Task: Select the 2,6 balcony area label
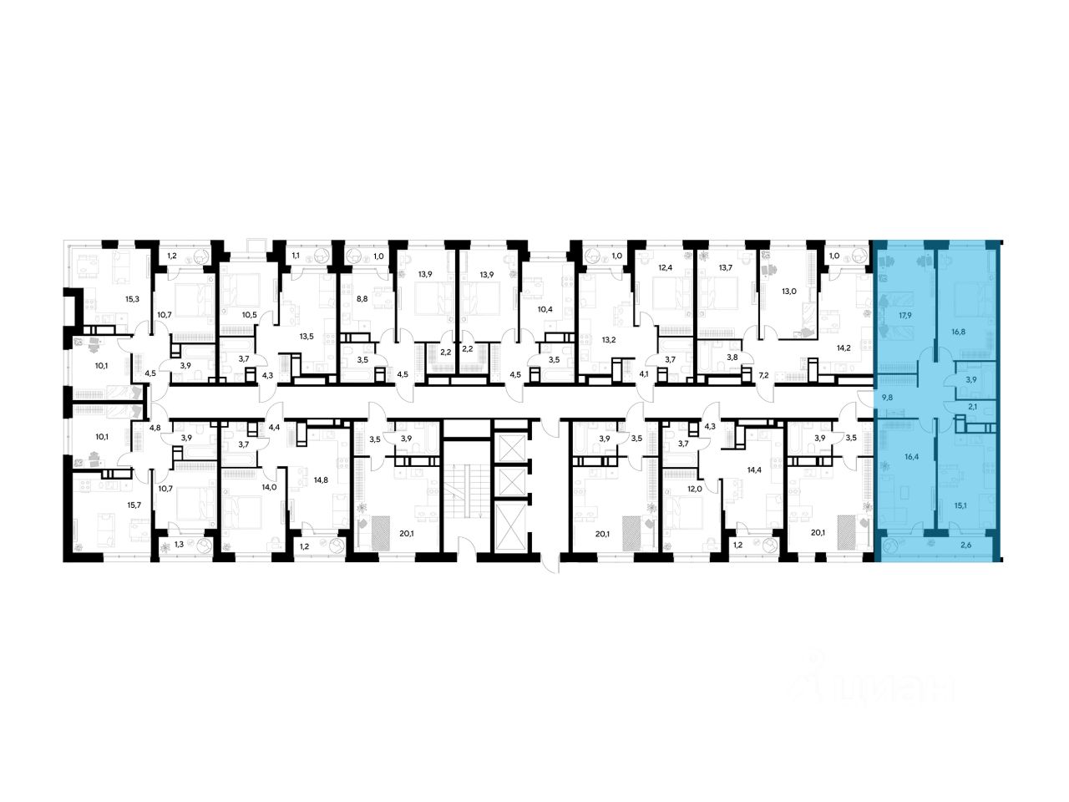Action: (965, 546)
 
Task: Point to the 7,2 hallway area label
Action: (763, 376)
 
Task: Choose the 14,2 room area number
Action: (839, 348)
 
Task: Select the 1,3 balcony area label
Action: (179, 544)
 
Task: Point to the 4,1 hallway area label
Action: (643, 374)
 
